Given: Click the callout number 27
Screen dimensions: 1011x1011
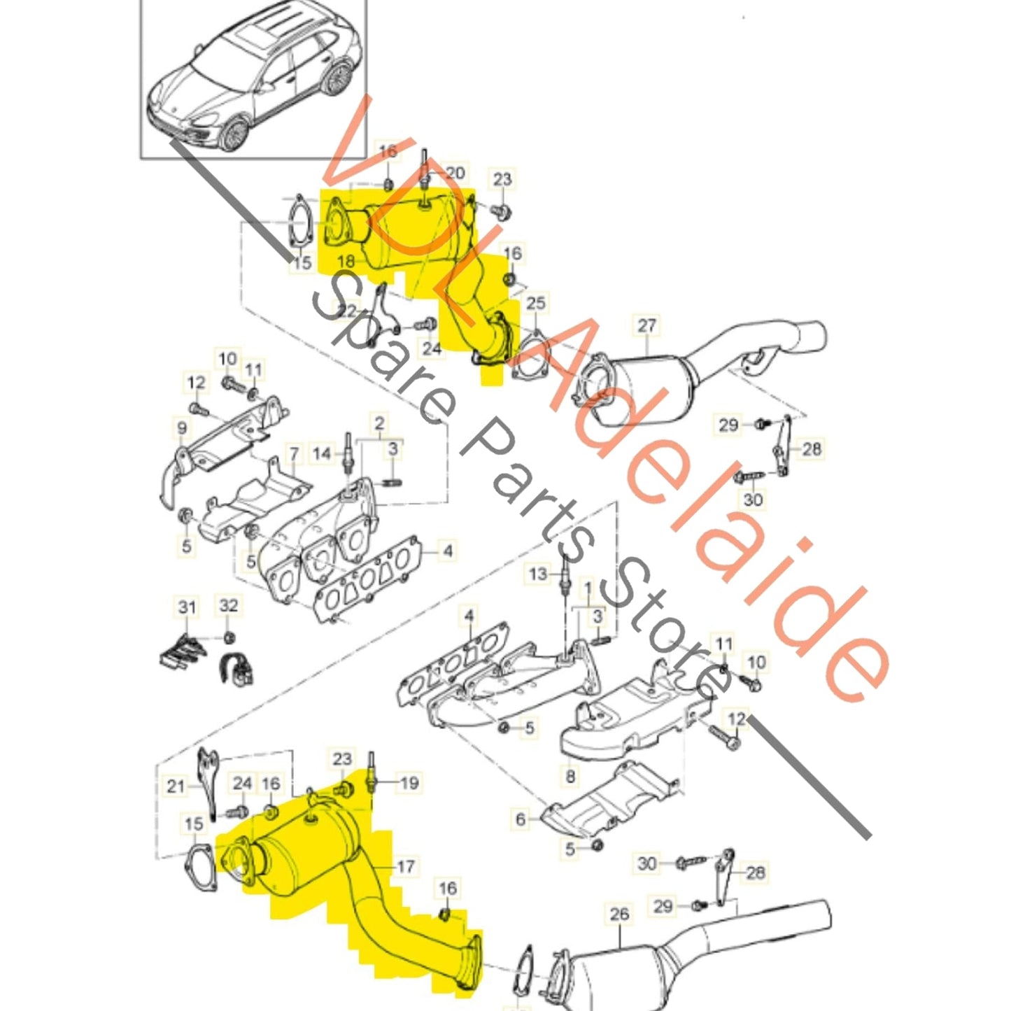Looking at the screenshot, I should pos(647,325).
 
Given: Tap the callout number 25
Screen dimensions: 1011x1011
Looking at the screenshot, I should pos(535,303).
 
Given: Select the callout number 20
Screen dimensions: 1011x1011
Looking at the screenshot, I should pos(455,173).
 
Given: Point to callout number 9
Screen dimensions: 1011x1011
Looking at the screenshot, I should pos(182,427).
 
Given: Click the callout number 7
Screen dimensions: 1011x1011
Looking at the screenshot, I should pos(294,453).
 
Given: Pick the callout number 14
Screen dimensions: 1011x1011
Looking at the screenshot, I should pos(321,453).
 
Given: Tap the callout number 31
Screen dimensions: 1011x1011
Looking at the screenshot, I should pos(187,607).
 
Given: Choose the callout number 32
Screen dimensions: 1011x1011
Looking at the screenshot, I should pos(229,605).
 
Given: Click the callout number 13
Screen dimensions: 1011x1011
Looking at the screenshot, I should pos(537,574).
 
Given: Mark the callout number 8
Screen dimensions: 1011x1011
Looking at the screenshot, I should pos(570,775).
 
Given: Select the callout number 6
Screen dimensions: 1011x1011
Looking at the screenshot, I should pos(521,819).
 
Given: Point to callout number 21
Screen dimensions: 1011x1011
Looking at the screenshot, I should pos(175,786).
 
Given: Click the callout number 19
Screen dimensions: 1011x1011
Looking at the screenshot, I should pos(409,782).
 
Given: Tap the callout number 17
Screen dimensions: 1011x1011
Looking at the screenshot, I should pos(406,867).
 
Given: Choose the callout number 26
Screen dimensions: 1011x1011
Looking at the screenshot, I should pos(619,914).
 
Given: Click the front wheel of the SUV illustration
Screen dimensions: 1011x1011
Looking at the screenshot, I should pos(236,133).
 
